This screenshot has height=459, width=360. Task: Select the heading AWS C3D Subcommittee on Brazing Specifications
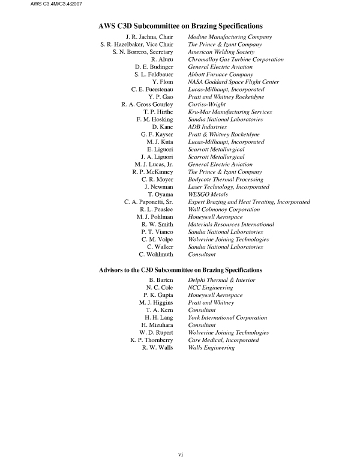click(x=181, y=26)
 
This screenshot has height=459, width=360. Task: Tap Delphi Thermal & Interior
click(x=221, y=280)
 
